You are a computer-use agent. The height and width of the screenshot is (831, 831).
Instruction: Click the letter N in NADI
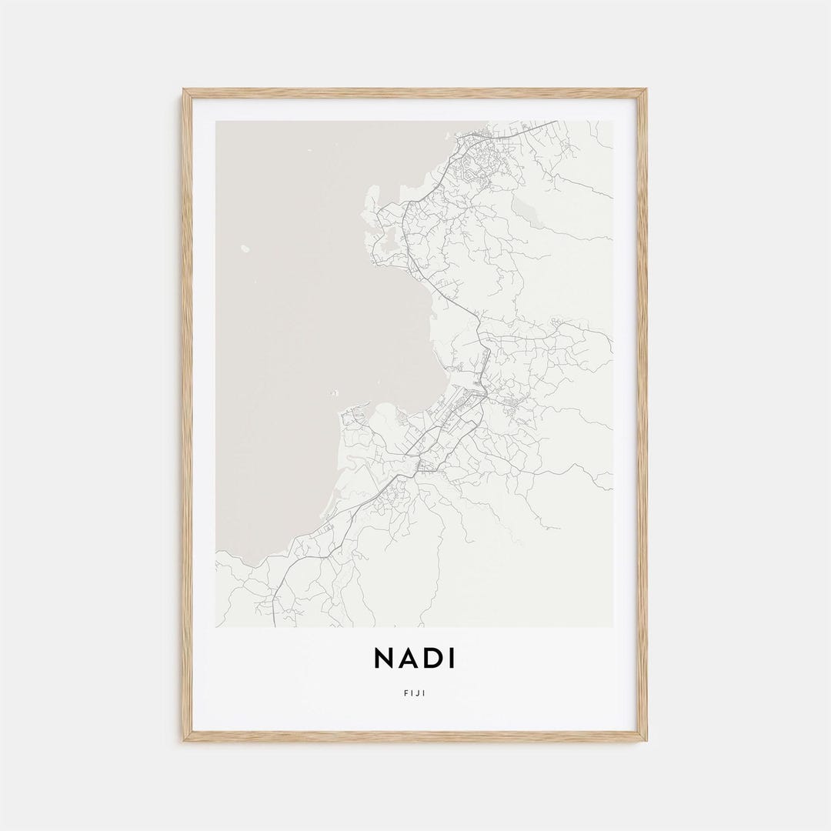[x=384, y=658]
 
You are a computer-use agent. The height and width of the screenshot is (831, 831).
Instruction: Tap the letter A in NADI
[x=408, y=658]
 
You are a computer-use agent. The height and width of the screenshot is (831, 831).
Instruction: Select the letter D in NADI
[x=432, y=658]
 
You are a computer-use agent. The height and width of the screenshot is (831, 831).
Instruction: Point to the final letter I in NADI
[x=451, y=658]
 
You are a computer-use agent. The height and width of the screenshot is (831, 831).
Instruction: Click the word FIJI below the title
[x=415, y=693]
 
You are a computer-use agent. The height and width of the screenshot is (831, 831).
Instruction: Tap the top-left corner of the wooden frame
[x=184, y=90]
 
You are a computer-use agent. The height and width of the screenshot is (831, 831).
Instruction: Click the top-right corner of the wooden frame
[x=646, y=90]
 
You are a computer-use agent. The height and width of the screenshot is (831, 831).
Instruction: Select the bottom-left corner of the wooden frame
[x=184, y=740]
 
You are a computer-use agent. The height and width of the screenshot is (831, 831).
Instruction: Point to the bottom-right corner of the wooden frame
[x=646, y=740]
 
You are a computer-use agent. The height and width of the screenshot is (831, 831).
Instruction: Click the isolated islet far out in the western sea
[x=245, y=248]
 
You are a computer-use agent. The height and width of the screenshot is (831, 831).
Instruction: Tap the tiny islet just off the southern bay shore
[x=334, y=393]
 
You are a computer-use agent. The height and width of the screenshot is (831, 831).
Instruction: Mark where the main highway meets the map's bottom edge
[x=275, y=626]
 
